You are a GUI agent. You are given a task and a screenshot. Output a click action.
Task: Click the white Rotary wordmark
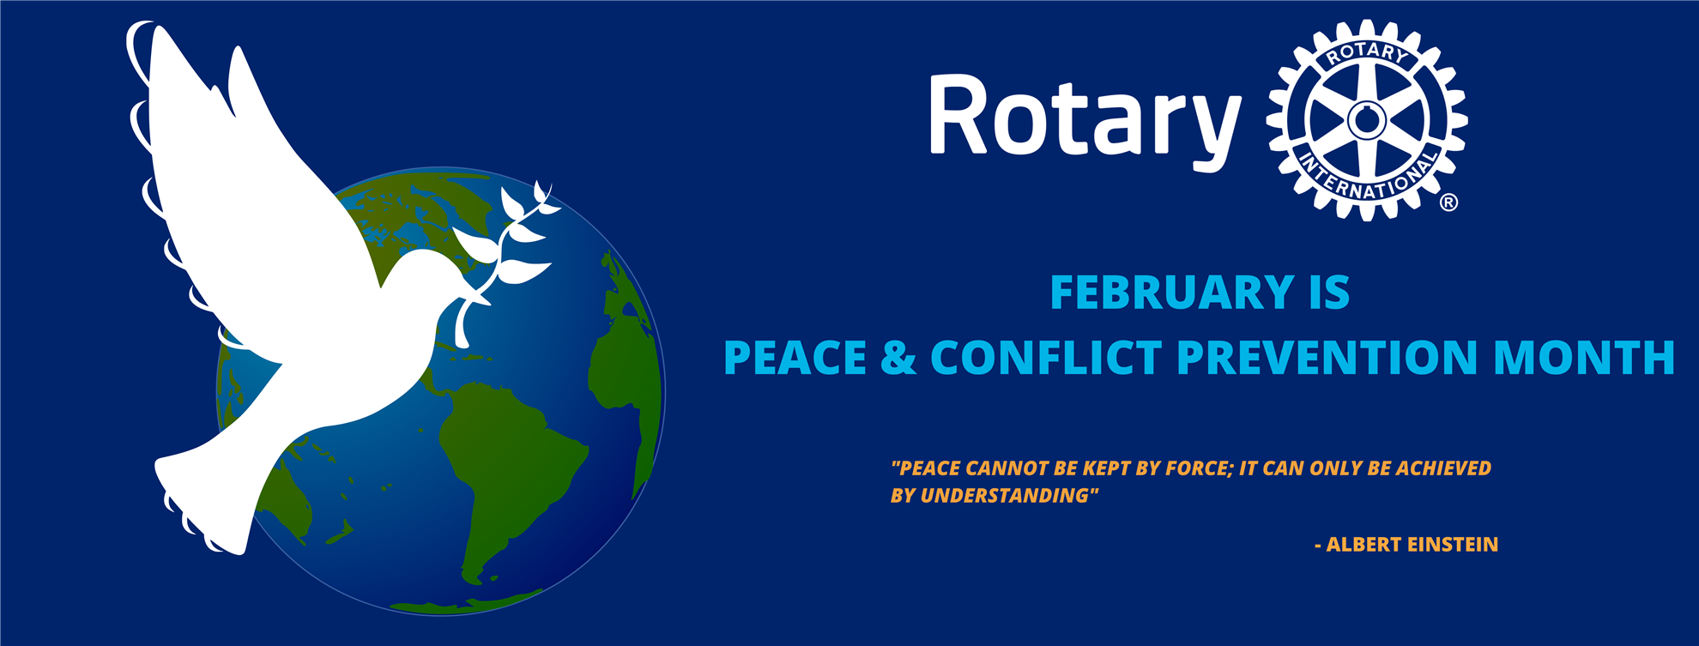tap(1085, 120)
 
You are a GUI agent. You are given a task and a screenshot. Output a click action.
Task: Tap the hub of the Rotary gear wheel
tap(1367, 120)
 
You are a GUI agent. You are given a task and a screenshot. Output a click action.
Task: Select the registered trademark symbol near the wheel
tap(1448, 202)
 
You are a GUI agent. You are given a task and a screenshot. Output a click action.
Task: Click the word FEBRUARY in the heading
tap(1172, 293)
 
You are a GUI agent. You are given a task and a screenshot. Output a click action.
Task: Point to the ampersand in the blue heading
tap(898, 358)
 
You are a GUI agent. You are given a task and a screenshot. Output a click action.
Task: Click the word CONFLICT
tap(1046, 358)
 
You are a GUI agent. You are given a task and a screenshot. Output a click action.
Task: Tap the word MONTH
tap(1584, 358)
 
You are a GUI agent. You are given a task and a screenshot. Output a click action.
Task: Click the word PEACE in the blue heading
tap(795, 358)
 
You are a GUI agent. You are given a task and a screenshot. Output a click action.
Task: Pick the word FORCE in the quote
tap(1201, 468)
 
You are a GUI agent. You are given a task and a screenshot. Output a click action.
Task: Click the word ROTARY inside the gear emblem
tap(1368, 53)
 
